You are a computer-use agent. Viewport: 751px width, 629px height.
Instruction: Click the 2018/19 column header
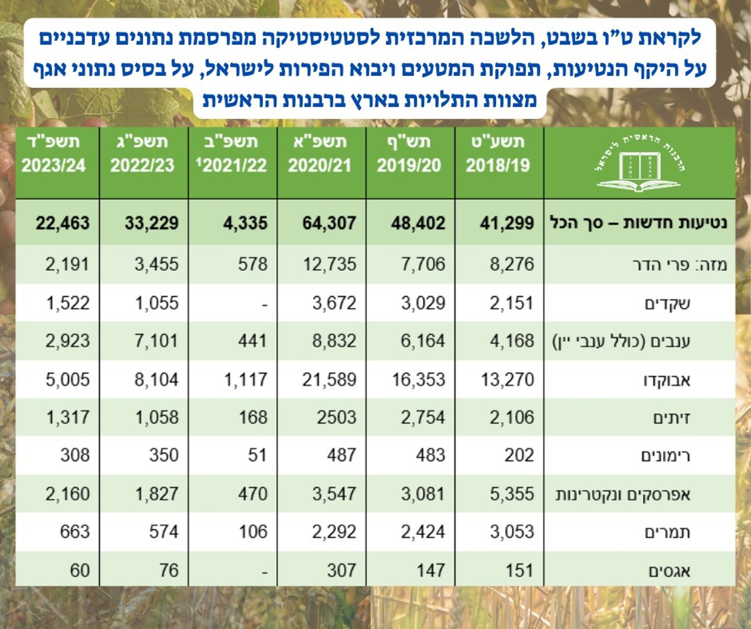(498, 153)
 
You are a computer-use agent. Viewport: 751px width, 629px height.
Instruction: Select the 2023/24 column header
(54, 153)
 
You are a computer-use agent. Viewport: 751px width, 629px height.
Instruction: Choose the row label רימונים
(665, 456)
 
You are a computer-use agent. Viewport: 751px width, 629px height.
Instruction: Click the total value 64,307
(329, 223)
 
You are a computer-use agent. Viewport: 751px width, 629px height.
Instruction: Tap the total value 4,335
(245, 223)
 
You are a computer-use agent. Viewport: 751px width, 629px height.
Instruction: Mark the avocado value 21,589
(329, 380)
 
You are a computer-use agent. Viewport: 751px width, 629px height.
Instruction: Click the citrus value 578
(253, 264)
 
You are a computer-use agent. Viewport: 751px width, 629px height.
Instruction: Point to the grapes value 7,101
(156, 341)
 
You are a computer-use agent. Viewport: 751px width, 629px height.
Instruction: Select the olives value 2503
(336, 417)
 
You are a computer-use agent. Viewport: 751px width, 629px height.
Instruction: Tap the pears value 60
(79, 570)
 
